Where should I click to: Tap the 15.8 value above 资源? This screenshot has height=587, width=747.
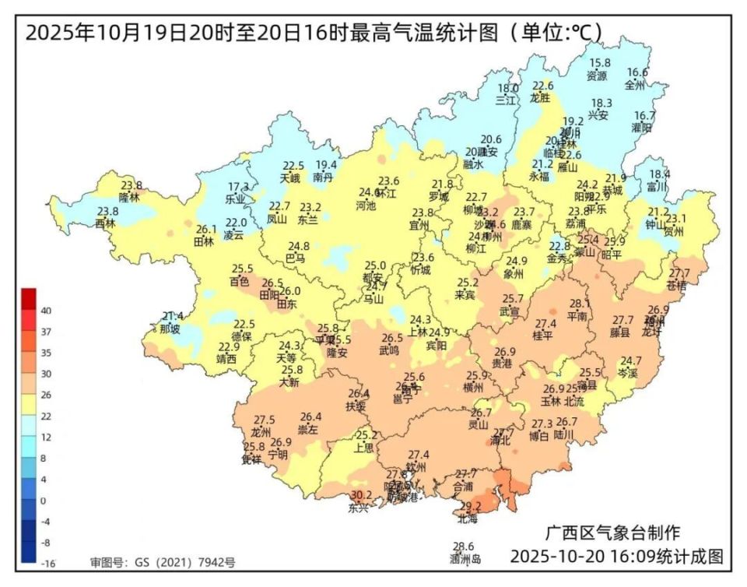tap(599, 63)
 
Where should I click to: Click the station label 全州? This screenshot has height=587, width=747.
tap(636, 84)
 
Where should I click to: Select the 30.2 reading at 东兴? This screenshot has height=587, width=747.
tap(360, 495)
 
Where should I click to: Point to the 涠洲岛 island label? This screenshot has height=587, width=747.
tap(465, 558)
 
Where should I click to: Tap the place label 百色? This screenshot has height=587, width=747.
tap(240, 280)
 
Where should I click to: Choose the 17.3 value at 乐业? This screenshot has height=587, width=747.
tap(237, 187)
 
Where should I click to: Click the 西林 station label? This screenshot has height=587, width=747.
tap(105, 223)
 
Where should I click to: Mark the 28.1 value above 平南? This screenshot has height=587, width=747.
tap(580, 304)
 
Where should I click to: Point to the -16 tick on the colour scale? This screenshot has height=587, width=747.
tap(46, 563)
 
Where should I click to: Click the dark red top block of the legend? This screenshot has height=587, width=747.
tap(29, 298)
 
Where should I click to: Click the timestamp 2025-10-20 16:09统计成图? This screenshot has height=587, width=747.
tap(617, 557)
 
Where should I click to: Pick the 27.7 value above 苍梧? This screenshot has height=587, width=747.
tap(679, 273)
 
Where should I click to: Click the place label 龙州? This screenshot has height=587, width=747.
tap(261, 431)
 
